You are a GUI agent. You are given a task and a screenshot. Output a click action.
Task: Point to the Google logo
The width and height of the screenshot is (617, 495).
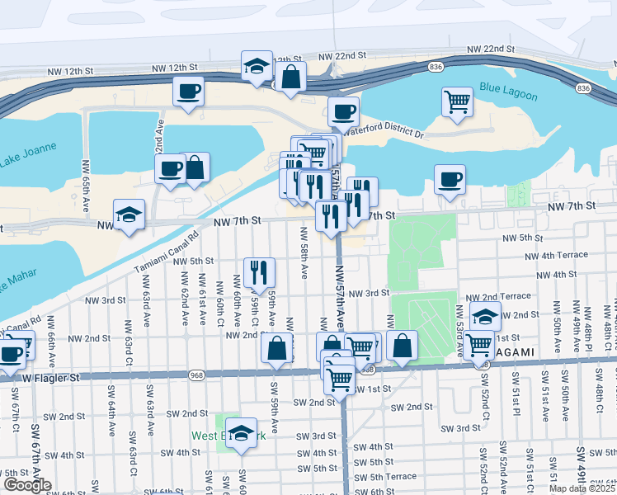27,484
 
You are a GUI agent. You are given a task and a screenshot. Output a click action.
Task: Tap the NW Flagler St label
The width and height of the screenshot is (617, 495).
50,378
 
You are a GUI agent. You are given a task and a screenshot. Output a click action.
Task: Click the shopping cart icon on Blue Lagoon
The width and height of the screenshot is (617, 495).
457,101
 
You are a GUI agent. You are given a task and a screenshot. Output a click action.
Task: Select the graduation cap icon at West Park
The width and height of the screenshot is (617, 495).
241,431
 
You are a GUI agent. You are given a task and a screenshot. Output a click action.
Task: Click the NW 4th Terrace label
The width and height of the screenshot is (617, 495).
561,256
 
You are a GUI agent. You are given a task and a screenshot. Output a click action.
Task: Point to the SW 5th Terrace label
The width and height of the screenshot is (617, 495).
390,476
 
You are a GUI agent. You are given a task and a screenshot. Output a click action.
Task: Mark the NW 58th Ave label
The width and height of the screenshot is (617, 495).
304,259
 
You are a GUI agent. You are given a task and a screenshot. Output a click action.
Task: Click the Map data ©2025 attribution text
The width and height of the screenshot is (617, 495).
582,488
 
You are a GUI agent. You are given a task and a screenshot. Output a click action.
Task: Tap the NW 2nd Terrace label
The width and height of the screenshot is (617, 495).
498,296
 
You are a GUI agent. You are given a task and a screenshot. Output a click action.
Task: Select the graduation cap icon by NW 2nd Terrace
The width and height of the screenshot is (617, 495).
486,315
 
